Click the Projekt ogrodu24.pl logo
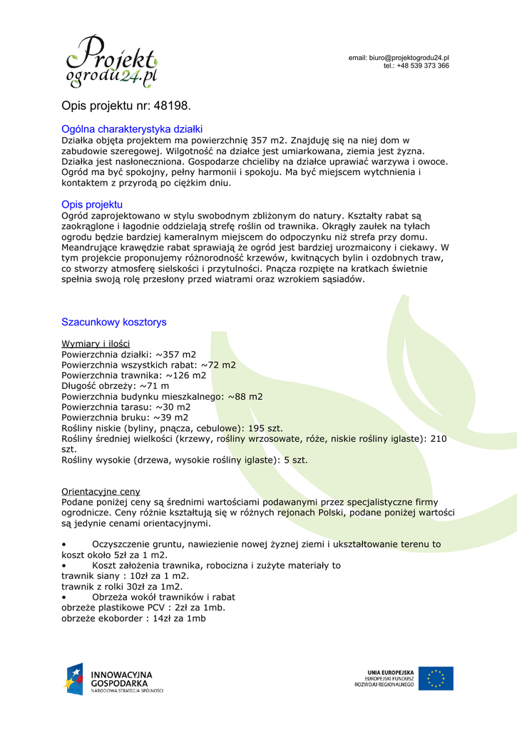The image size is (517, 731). click(x=111, y=62)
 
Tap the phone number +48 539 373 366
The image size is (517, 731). click(x=422, y=66)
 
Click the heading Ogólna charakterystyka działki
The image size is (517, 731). click(x=133, y=129)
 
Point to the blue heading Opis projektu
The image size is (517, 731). click(x=92, y=205)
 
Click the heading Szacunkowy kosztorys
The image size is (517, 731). click(x=114, y=322)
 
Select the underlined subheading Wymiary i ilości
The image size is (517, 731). click(x=96, y=344)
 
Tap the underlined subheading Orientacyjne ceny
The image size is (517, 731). click(x=101, y=492)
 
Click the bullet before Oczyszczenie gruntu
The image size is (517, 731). click(x=65, y=545)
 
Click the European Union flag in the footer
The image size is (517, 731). click(x=436, y=677)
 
